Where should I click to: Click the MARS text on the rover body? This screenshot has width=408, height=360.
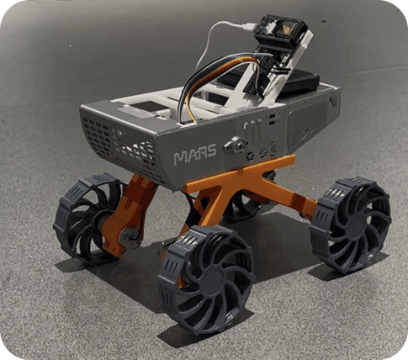(195, 154)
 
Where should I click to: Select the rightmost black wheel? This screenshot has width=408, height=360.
(350, 225)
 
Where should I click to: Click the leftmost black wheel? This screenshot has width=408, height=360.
(88, 219)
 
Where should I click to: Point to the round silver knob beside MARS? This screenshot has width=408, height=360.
(236, 146)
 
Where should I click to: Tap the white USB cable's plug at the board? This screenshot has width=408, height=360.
(248, 28)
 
